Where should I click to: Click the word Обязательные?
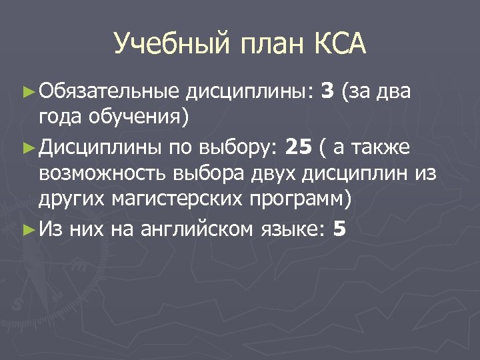109,90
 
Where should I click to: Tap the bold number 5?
339,229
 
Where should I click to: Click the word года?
61,118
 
